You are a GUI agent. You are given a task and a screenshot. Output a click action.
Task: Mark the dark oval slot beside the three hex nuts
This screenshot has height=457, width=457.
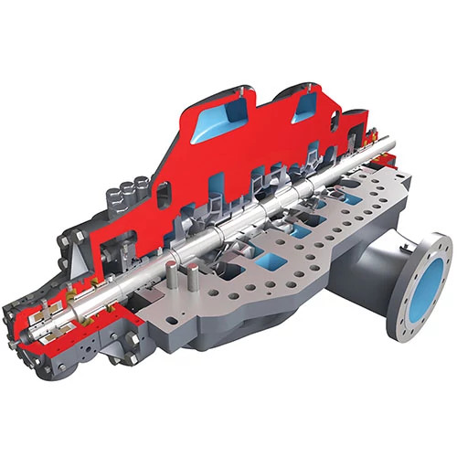coord(162,193)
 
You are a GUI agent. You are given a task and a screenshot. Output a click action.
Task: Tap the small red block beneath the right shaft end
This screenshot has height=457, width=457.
coord(384,174)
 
